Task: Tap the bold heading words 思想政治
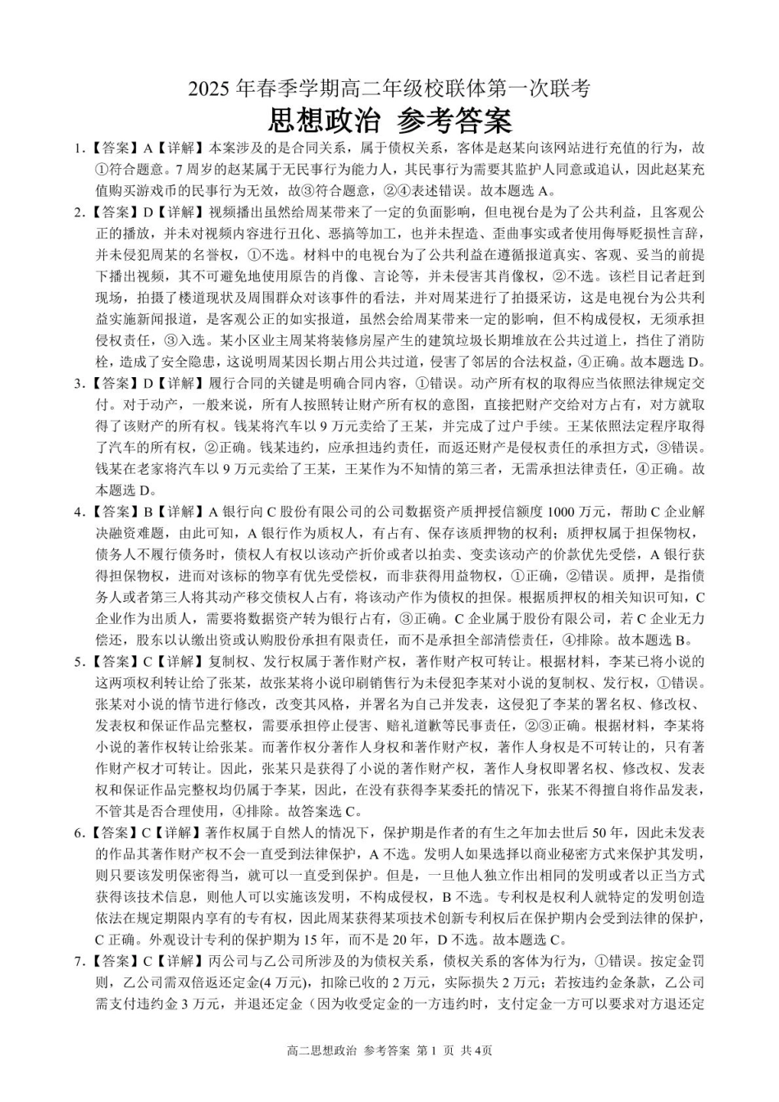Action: pos(324,121)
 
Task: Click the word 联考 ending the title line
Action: pos(572,90)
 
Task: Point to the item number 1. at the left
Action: pos(80,149)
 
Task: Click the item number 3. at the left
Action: pos(80,384)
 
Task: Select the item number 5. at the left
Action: pos(80,661)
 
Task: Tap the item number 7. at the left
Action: pos(80,960)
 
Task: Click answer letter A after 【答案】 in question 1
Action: pos(148,149)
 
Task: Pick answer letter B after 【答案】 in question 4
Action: pos(148,512)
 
